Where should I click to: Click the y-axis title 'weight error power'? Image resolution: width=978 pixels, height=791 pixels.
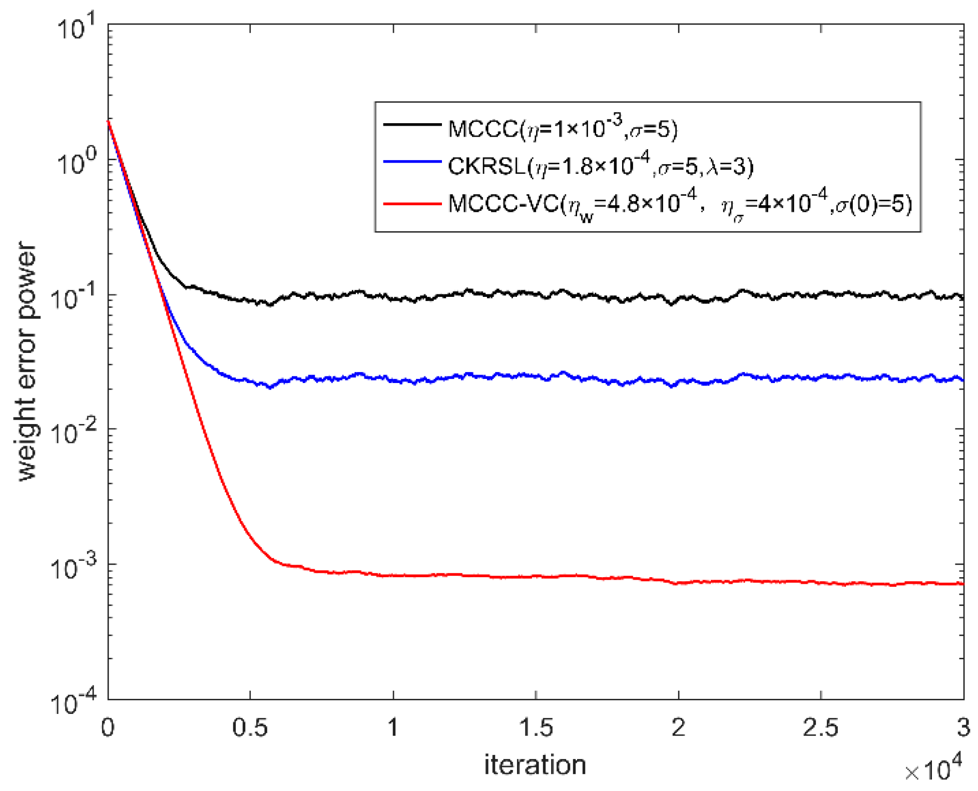[28, 361]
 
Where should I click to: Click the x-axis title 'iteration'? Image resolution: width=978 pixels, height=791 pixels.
[535, 765]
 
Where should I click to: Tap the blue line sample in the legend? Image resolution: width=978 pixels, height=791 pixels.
[412, 162]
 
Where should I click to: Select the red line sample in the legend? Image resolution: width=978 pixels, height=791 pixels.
[412, 204]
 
